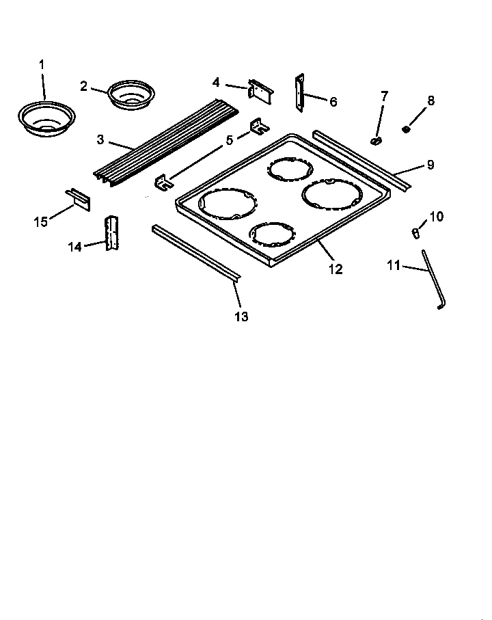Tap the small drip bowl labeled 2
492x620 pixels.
pos(131,94)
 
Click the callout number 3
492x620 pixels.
pos(100,139)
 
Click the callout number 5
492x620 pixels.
pos(230,139)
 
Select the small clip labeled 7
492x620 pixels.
pos(377,139)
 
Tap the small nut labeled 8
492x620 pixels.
pos(407,129)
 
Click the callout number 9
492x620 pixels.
pos(430,165)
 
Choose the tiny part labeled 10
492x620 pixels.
pos(415,233)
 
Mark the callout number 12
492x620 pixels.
pos(335,269)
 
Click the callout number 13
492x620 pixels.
pos(241,316)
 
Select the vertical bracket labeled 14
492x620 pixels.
pos(111,233)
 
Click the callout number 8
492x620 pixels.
pos(430,101)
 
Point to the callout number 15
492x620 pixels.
pos(41,221)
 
